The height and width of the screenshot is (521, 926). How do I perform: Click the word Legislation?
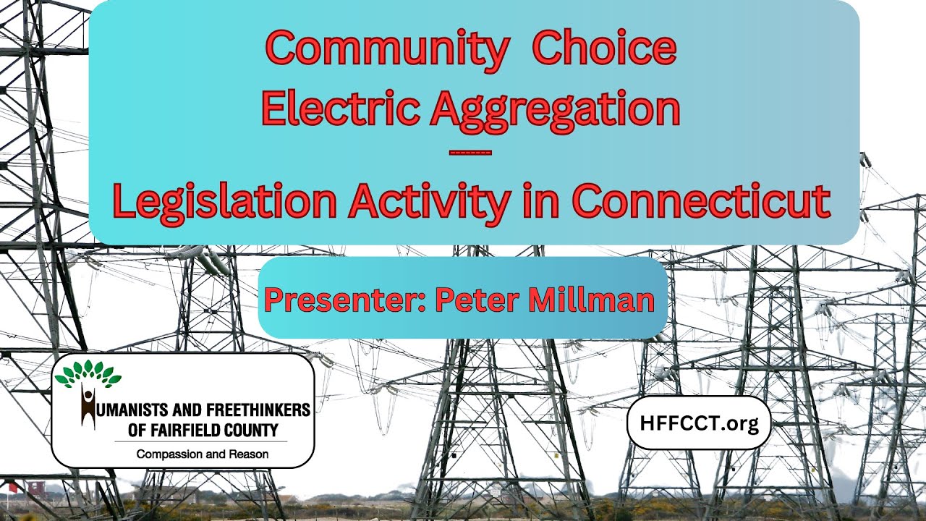[224, 202]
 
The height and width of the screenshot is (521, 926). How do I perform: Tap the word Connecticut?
[700, 202]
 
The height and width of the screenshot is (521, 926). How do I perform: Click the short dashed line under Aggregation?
[470, 153]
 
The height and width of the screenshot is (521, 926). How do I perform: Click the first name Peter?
[471, 299]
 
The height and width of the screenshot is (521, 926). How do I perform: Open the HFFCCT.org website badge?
[698, 423]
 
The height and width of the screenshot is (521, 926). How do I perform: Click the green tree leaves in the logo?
[88, 373]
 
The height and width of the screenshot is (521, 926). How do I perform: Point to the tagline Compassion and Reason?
[203, 454]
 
